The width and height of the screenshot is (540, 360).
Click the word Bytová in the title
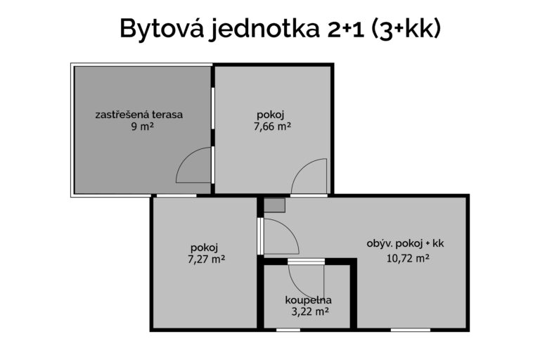pyautogui.click(x=161, y=29)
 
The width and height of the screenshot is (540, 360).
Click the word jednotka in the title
pyautogui.click(x=264, y=29)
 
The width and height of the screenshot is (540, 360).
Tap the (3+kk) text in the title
pyautogui.click(x=406, y=29)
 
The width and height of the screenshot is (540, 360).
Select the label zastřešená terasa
pyautogui.click(x=139, y=115)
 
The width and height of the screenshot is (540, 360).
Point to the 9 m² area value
pyautogui.click(x=142, y=127)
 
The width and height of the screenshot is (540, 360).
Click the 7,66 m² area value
pyautogui.click(x=272, y=127)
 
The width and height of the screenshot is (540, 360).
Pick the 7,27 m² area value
pyautogui.click(x=206, y=259)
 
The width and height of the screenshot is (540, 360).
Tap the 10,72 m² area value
pyautogui.click(x=408, y=258)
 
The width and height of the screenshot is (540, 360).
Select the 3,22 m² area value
pyautogui.click(x=310, y=311)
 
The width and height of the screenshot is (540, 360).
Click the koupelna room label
pyautogui.click(x=308, y=300)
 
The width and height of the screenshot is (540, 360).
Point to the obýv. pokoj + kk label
pyautogui.click(x=405, y=244)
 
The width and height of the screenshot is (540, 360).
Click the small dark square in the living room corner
pyautogui.click(x=274, y=205)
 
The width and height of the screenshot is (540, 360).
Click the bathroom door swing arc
pyautogui.click(x=297, y=287)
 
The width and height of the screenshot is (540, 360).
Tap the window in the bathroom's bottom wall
pyautogui.click(x=288, y=330)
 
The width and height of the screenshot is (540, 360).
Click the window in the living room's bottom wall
pyautogui.click(x=410, y=330)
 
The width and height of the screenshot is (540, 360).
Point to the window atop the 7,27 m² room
pyautogui.click(x=176, y=195)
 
